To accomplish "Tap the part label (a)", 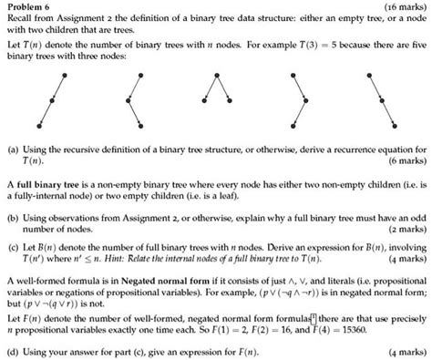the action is (12, 148).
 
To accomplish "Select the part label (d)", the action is (12, 350).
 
